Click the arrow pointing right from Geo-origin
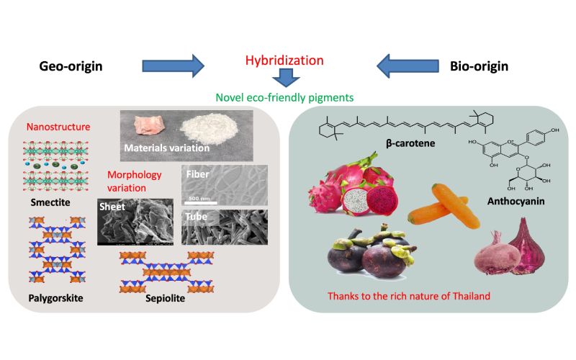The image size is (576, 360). (x=174, y=66)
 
